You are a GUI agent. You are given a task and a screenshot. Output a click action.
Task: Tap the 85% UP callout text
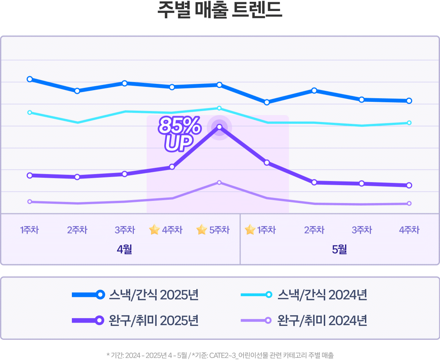179,134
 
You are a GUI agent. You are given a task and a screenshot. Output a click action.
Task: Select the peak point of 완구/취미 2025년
219,127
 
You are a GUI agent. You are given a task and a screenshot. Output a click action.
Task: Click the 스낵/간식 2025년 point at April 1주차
30,79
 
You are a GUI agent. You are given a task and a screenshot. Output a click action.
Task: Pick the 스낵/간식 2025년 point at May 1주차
267,102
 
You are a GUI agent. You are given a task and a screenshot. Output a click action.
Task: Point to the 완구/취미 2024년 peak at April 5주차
219,183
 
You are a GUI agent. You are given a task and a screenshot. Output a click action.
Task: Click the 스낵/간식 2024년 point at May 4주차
409,123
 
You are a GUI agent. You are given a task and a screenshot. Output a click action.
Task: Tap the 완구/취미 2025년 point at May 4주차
409,185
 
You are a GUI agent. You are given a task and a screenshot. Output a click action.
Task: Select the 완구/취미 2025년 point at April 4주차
172,167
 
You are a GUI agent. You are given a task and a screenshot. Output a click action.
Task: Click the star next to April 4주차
154,230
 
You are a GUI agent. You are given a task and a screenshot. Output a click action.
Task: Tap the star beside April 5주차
202,230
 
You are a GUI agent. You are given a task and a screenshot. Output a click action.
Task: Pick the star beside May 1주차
250,230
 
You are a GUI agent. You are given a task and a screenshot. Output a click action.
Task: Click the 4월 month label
124,250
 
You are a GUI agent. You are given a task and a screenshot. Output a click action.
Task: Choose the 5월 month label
340,250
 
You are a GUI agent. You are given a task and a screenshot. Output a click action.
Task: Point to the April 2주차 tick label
77,230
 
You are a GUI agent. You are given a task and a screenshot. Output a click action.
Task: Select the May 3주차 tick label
362,230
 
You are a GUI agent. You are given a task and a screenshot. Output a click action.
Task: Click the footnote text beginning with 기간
220,355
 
